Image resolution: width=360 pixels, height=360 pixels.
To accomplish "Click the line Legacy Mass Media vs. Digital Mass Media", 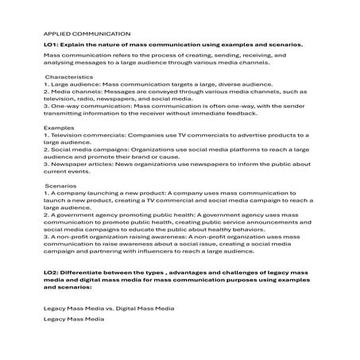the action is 108,306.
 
